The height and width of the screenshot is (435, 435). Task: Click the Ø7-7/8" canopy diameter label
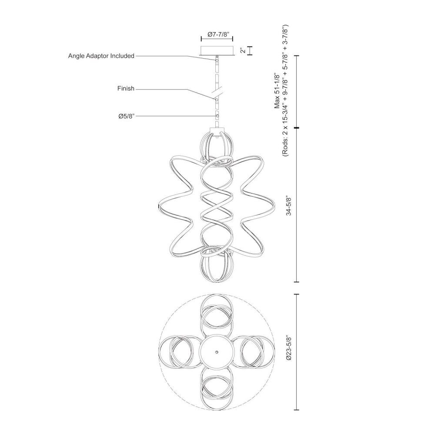pyautogui.click(x=218, y=34)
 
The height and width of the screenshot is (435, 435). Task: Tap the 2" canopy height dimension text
pyautogui.click(x=243, y=51)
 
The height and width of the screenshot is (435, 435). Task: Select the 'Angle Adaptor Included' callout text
pyautogui.click(x=101, y=56)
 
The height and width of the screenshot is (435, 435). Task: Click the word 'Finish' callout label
pyautogui.click(x=126, y=88)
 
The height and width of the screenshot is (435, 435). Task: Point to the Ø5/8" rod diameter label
pyautogui.click(x=126, y=116)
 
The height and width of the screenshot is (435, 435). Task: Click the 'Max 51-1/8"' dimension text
pyautogui.click(x=278, y=90)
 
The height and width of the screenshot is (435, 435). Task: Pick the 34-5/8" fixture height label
pyautogui.click(x=289, y=206)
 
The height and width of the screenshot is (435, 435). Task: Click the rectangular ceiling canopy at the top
pyautogui.click(x=217, y=50)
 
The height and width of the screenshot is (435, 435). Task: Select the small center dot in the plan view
pyautogui.click(x=217, y=352)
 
